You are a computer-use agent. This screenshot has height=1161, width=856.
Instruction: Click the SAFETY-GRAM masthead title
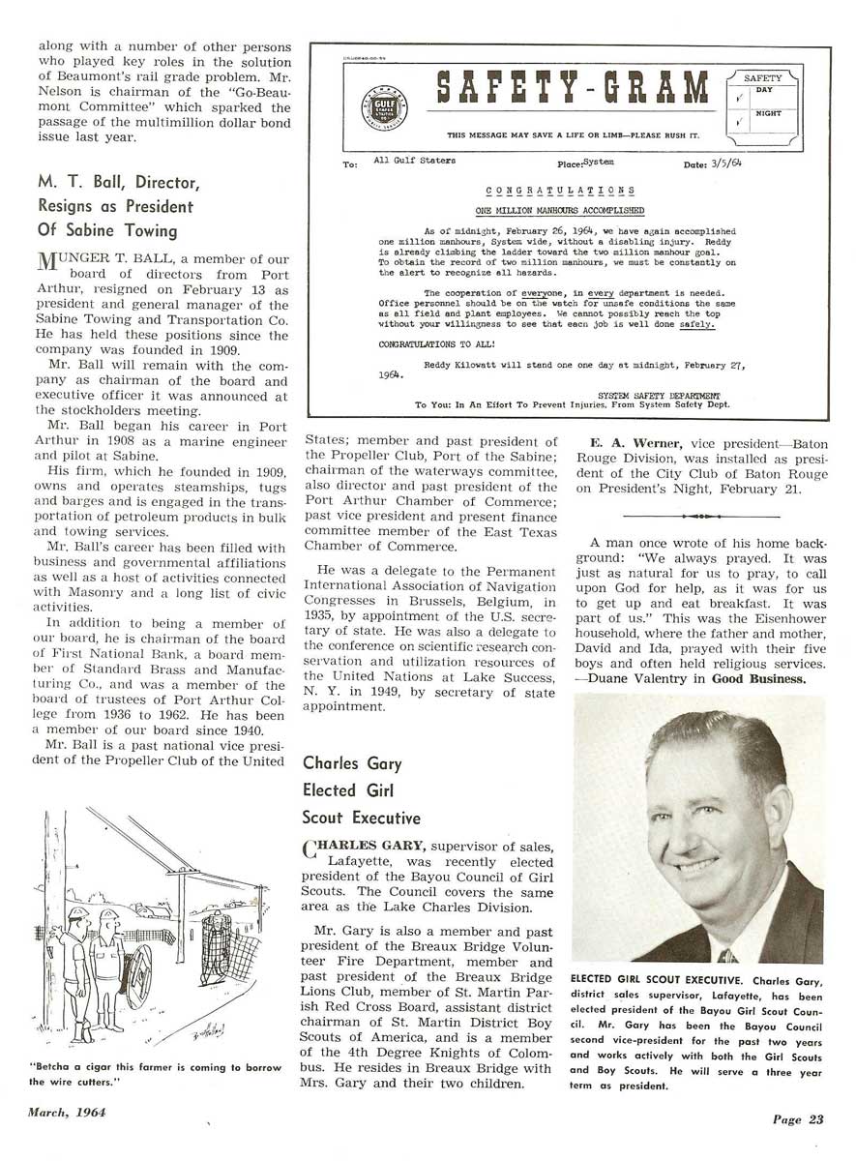[x=572, y=91]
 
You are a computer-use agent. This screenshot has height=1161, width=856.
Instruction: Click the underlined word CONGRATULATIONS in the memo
[x=560, y=191]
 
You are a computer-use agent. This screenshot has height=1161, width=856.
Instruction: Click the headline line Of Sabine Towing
[x=107, y=230]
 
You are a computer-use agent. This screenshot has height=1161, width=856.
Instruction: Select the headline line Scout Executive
[x=362, y=818]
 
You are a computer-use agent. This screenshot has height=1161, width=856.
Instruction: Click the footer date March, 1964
[x=66, y=1112]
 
